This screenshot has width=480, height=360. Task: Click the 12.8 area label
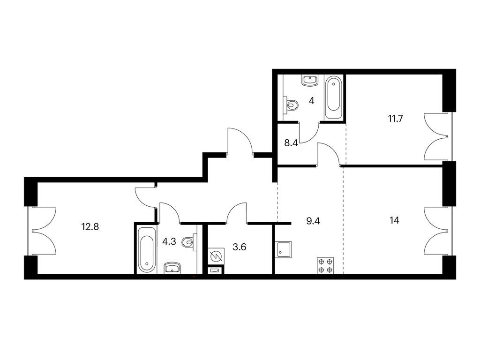(90, 227)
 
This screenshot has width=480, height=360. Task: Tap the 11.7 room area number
(396, 119)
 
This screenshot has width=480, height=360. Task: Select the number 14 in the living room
(395, 220)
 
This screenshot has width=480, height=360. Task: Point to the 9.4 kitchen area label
(313, 221)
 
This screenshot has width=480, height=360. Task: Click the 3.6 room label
(240, 247)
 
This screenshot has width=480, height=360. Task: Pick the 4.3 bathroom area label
(169, 241)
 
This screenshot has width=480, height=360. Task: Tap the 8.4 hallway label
(291, 142)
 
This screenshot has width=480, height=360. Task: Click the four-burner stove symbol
(325, 266)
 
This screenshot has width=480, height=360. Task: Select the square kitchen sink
(283, 250)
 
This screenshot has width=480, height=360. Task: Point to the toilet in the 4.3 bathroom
(189, 243)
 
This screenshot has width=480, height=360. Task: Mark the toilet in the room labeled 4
(291, 105)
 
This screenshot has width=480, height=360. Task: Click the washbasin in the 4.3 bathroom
(173, 268)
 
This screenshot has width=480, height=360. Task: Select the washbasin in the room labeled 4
(310, 81)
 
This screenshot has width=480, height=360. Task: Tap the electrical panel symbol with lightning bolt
(216, 256)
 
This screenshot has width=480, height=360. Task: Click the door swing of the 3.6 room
(236, 212)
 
